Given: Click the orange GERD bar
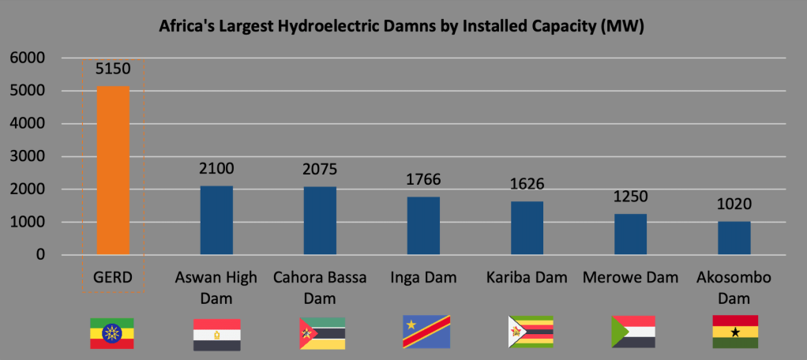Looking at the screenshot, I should [x=113, y=170].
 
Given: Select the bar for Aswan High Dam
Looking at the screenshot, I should [x=216, y=220].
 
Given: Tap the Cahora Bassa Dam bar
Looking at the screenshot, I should [x=320, y=221].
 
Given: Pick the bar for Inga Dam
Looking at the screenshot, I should [x=423, y=226].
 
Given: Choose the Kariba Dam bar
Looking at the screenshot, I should [x=527, y=228].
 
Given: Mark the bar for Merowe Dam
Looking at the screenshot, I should [x=630, y=234].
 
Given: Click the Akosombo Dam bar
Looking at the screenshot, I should [x=734, y=238].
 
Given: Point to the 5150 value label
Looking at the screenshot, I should [x=113, y=69].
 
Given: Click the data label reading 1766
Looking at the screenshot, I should [x=423, y=180].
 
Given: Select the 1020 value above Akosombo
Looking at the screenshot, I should [x=734, y=204].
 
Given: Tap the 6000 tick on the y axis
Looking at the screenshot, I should [x=28, y=58].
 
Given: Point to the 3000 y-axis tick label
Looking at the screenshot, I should [x=28, y=156].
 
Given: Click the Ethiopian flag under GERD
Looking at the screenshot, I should [x=112, y=332].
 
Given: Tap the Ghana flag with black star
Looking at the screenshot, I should [x=735, y=332].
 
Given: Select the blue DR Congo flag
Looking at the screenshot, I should [x=426, y=332].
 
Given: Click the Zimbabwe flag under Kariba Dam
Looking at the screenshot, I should [x=530, y=332].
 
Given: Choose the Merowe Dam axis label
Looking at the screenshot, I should [x=630, y=278].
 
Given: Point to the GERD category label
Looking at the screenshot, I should [x=113, y=278].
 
